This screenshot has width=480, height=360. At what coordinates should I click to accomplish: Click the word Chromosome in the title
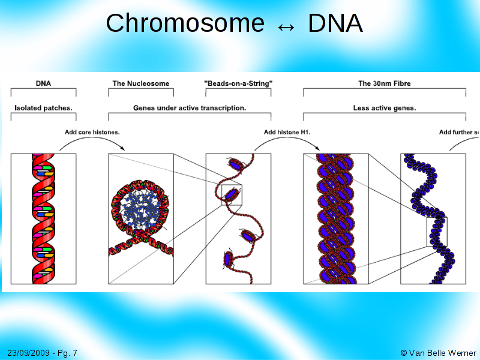[185, 24]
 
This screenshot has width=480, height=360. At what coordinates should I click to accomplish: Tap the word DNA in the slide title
[335, 24]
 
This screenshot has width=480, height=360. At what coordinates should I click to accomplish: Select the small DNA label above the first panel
[43, 83]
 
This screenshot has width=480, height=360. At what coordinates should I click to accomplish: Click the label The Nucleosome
[141, 83]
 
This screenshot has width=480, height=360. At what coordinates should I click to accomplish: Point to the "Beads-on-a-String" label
[238, 83]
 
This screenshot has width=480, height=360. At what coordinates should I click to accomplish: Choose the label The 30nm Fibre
[385, 83]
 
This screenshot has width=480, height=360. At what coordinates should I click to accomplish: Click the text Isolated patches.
[43, 108]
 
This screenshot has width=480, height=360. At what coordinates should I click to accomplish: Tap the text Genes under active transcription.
[190, 108]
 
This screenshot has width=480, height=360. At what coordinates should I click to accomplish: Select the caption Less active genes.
[385, 108]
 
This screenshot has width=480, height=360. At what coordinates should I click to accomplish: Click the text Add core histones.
[92, 132]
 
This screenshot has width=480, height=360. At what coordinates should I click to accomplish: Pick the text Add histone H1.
[287, 132]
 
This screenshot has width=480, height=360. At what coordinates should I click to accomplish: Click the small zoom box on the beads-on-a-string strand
[232, 195]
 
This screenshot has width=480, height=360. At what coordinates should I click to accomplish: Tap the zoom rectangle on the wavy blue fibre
[437, 232]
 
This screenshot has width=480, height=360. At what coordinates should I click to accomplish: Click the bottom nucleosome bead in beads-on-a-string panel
[229, 259]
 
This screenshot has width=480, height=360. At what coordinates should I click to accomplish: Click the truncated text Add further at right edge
[459, 132]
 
